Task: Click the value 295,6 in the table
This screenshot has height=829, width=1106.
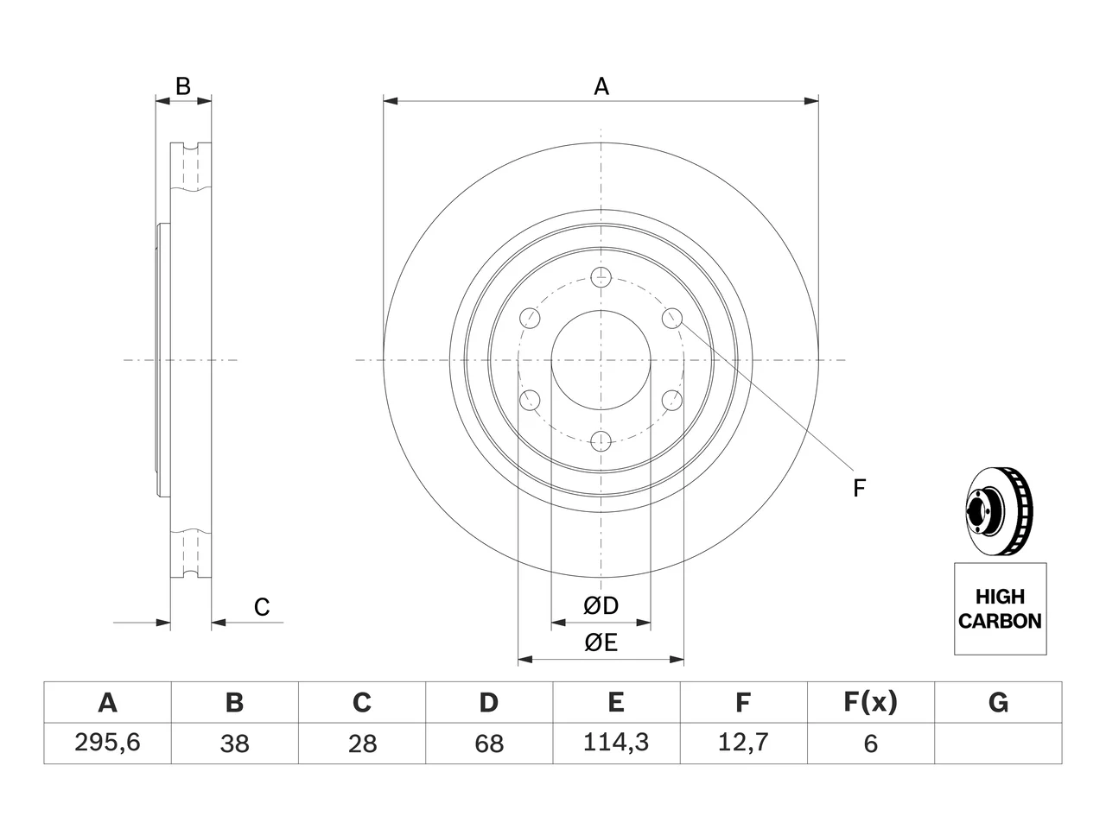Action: point(107,743)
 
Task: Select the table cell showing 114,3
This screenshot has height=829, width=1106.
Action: point(616,743)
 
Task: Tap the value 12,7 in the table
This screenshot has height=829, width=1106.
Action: point(743,743)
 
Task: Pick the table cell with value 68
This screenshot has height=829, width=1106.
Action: point(489,744)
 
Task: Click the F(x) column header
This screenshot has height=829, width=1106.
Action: point(871,702)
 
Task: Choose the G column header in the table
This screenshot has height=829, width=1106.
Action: point(998,702)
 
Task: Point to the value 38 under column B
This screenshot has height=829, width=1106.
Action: point(234,744)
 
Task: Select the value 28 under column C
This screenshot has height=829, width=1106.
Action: point(362,744)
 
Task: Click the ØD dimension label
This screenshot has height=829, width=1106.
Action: point(601,605)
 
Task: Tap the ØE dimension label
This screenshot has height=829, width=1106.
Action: point(601,642)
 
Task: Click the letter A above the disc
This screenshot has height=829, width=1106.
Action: point(601,86)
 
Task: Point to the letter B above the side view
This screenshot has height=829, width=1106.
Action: point(183,86)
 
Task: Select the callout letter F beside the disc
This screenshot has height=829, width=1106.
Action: point(859,488)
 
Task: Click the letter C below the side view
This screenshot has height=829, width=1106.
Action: point(262,607)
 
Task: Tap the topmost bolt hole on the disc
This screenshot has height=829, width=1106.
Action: point(601,277)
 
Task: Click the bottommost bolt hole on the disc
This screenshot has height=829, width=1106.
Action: point(601,441)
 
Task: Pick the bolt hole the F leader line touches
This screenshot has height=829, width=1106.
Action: point(671,318)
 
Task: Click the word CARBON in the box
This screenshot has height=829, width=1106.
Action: point(1000,621)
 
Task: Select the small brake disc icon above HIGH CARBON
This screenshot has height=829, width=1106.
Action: point(999,512)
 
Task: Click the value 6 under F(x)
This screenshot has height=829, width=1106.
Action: point(871,744)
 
